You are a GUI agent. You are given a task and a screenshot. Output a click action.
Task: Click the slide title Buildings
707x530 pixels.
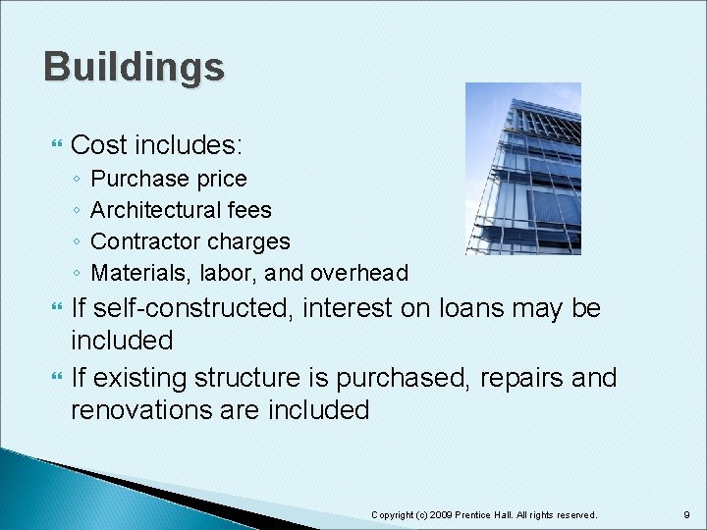pos(134,68)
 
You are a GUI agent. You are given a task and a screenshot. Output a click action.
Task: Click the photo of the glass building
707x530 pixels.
pos(522,169)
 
